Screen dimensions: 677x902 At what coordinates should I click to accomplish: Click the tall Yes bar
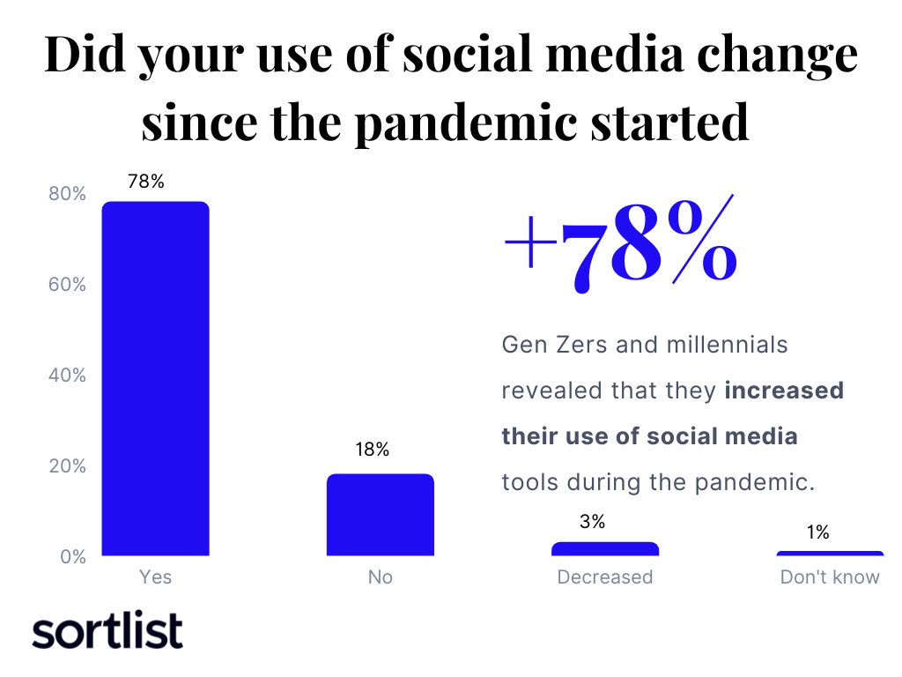click(x=155, y=379)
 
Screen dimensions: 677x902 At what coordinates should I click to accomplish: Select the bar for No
click(x=380, y=516)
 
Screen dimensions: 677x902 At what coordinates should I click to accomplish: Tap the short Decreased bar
click(x=604, y=549)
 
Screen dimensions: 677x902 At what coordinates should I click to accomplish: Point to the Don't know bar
click(x=829, y=554)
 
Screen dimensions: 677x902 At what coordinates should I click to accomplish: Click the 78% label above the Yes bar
click(x=146, y=182)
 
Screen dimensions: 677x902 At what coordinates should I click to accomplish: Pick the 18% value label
click(x=372, y=450)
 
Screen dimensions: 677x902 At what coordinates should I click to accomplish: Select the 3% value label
click(x=593, y=522)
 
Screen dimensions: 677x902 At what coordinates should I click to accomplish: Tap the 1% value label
click(x=817, y=532)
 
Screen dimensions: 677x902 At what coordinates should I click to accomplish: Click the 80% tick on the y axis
click(x=67, y=194)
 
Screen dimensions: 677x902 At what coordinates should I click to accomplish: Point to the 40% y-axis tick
click(x=67, y=376)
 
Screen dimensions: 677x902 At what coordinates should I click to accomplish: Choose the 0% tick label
click(x=72, y=557)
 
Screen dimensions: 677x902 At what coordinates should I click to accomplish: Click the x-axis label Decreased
click(x=604, y=577)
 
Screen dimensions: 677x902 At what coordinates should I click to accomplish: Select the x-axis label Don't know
click(x=830, y=577)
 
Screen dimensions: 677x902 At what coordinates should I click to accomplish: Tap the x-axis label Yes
click(x=155, y=577)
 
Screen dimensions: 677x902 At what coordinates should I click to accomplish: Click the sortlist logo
click(x=107, y=631)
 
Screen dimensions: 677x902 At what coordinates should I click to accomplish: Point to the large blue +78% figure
click(x=620, y=242)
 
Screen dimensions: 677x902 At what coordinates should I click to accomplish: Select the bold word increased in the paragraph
click(x=784, y=390)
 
